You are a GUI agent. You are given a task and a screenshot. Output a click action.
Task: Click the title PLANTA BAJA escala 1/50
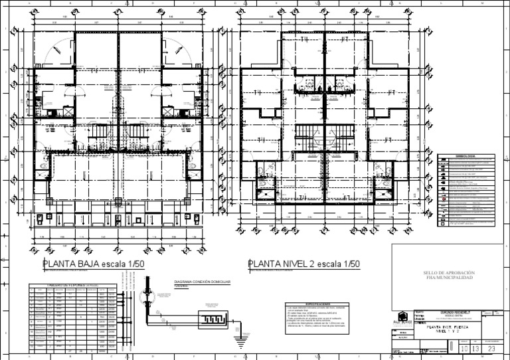tap(94, 264)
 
